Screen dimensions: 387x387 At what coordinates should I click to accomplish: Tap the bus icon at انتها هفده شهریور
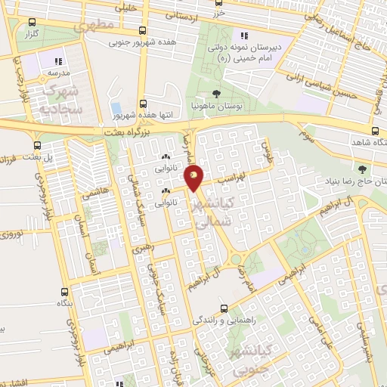(x=143, y=104)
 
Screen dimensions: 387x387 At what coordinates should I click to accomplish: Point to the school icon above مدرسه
(x=58, y=60)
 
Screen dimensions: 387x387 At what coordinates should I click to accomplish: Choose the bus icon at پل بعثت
(x=36, y=147)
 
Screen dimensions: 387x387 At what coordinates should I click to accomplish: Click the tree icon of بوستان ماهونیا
(x=217, y=94)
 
